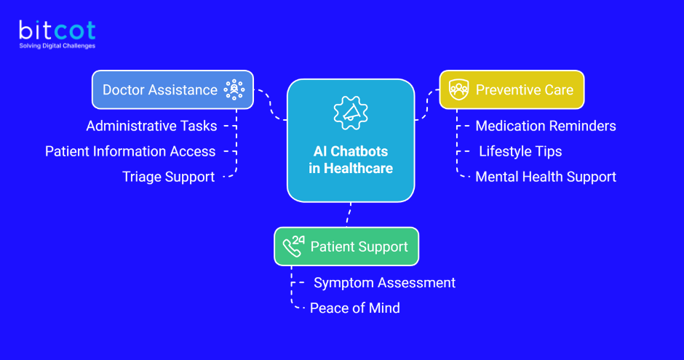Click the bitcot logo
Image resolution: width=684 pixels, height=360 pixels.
click(57, 31)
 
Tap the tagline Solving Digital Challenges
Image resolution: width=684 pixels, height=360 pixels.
click(57, 46)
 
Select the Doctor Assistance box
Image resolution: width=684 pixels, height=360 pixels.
click(172, 89)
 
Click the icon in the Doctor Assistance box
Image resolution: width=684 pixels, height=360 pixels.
click(234, 89)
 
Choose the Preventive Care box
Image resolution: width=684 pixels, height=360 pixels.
click(511, 89)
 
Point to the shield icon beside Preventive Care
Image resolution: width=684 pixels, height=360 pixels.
click(458, 89)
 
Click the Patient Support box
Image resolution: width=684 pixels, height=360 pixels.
click(346, 246)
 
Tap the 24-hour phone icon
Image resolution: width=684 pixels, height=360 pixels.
click(293, 246)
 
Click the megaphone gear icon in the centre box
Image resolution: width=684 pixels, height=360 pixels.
click(350, 112)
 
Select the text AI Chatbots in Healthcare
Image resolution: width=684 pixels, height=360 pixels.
click(350, 160)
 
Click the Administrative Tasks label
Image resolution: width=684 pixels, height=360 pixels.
click(151, 126)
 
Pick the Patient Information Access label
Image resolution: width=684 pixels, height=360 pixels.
click(130, 151)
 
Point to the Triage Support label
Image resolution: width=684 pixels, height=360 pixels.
click(168, 177)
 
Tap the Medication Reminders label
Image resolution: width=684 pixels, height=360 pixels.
click(545, 126)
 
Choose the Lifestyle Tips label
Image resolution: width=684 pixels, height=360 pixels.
click(520, 151)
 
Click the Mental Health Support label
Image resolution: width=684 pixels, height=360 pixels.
click(546, 177)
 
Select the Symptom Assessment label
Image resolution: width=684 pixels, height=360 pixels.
click(384, 282)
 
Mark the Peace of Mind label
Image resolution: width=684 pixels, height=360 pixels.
click(355, 308)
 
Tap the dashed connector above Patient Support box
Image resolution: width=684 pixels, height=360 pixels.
click(349, 214)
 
